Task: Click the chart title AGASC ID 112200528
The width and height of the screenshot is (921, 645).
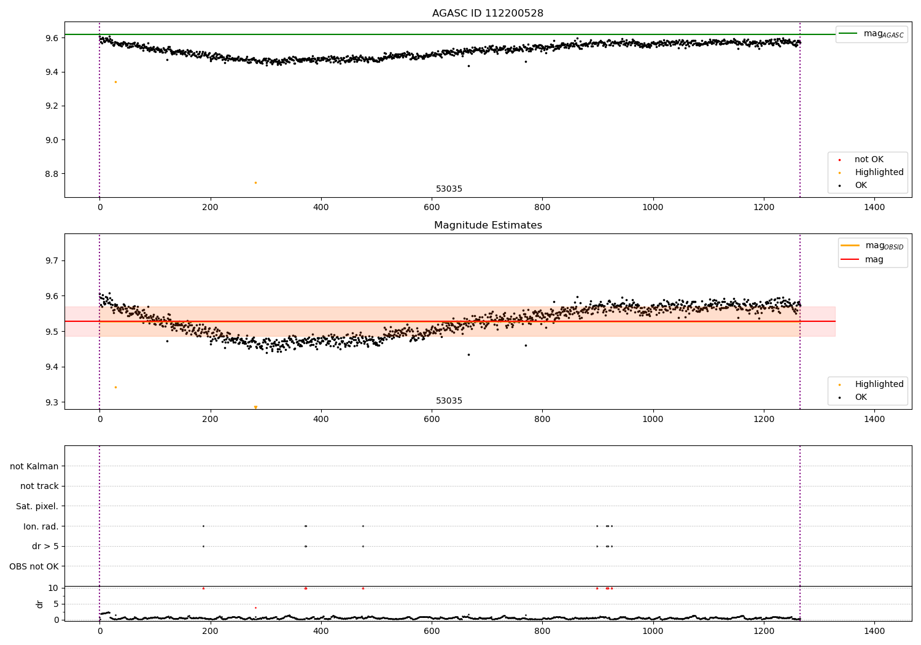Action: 488,14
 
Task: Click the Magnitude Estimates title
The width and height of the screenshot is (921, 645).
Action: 488,225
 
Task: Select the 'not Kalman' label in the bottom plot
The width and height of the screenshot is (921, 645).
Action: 34,466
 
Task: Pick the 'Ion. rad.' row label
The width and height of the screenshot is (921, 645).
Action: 41,526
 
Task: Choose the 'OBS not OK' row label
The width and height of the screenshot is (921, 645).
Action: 34,566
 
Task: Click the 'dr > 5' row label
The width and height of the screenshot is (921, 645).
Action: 45,546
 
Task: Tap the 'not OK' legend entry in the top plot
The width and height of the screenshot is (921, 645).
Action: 869,160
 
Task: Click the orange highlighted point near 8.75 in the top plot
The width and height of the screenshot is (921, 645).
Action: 255,182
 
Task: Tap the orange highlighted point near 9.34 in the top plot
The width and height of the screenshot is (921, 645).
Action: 115,82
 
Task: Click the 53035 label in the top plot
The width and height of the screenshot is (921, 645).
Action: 449,189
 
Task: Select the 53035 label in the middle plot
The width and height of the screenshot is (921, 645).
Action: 449,401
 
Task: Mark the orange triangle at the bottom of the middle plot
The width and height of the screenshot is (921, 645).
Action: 255,407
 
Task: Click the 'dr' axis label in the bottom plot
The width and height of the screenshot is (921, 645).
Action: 40,604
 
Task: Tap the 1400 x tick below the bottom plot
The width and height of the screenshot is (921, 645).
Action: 874,631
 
